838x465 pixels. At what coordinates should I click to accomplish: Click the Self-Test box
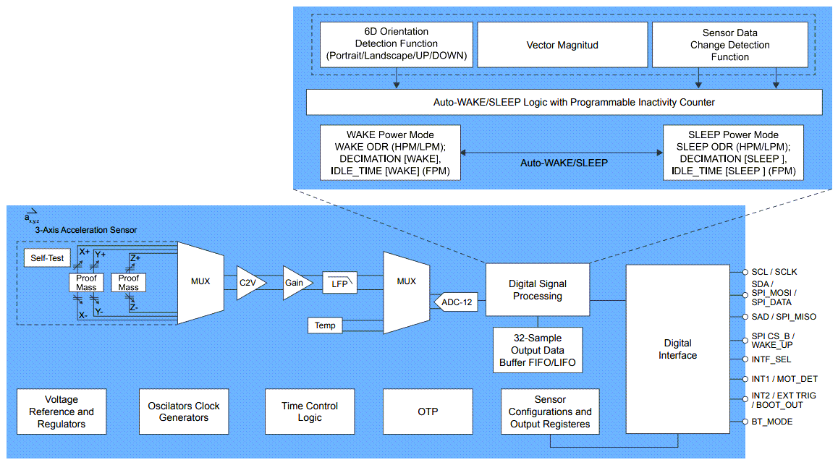[x=48, y=257]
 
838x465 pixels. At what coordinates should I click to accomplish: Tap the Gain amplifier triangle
[x=295, y=283]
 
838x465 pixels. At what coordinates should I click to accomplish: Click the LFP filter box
[x=339, y=283]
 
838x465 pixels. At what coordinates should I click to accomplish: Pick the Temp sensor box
[x=325, y=325]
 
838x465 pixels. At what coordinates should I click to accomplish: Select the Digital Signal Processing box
[x=536, y=290]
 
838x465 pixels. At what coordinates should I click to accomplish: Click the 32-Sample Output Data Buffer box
[x=537, y=350]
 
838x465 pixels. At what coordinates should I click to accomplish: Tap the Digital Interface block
[x=677, y=349]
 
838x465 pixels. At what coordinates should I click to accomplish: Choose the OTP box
[x=428, y=411]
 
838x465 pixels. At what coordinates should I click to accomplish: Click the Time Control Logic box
[x=310, y=411]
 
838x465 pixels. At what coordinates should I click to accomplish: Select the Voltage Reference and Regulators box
[x=62, y=411]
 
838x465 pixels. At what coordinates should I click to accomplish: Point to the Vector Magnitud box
[x=562, y=45]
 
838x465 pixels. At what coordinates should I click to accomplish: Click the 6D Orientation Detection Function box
[x=396, y=44]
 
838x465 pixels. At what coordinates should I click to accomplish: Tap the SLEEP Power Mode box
[x=733, y=153]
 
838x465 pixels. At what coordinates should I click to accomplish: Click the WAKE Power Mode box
[x=390, y=153]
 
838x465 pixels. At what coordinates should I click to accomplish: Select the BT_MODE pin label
[x=772, y=421]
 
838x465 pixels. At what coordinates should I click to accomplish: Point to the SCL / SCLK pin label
[x=773, y=272]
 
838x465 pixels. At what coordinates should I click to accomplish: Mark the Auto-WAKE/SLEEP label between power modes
[x=564, y=163]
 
